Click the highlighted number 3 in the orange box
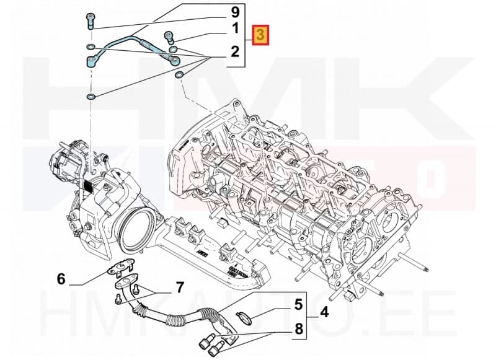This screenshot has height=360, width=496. pos(261,35)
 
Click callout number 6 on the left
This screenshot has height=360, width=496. pos(61,279)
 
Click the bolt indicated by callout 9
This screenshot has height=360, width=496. pos(91,20)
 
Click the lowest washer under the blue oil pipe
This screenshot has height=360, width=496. pos(91,97)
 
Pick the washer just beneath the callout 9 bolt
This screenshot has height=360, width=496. pos(91,46)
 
